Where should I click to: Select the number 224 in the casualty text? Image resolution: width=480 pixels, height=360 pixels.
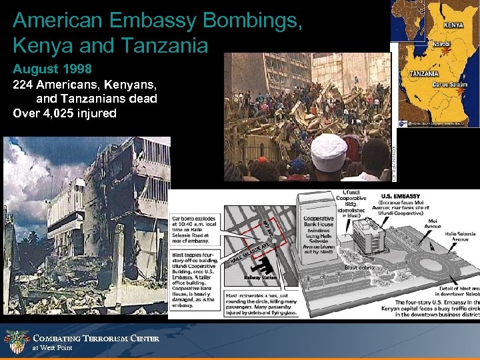[24, 85]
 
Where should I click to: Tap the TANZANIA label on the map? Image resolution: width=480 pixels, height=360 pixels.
[423, 73]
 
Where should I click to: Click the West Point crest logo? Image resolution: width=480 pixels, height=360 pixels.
[15, 342]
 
